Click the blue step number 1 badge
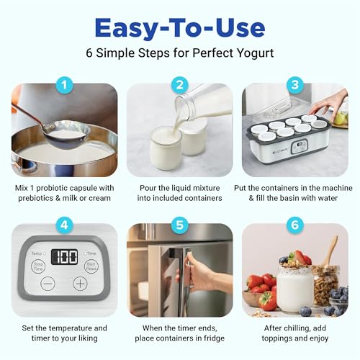pyautogui.click(x=65, y=85)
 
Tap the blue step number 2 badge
pyautogui.click(x=180, y=85)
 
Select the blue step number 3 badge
pyautogui.click(x=294, y=85)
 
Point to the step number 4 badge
pyautogui.click(x=65, y=224)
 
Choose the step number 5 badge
pyautogui.click(x=180, y=224)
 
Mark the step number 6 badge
pyautogui.click(x=294, y=224)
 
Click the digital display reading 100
pyautogui.click(x=65, y=257)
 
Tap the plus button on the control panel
pyautogui.click(x=79, y=284)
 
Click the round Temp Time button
pyautogui.click(x=37, y=266)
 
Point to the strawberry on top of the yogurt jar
pyautogui.click(x=299, y=257)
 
